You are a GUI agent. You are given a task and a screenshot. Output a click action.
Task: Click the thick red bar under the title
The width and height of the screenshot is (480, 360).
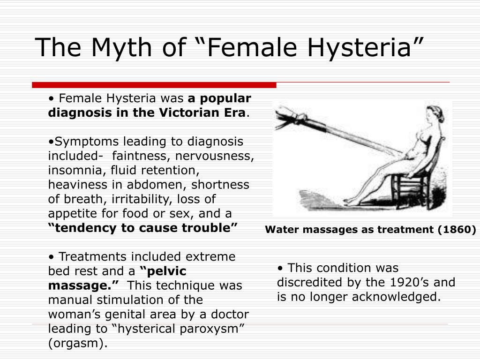pos(154,85)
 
